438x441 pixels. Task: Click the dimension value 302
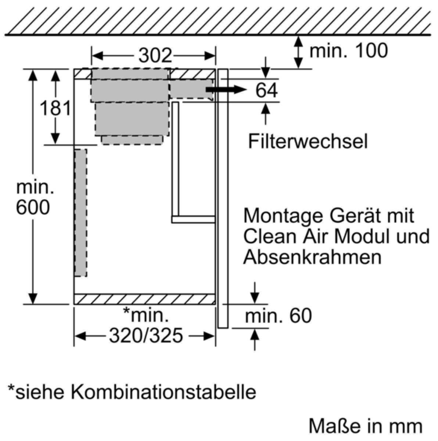[155, 55]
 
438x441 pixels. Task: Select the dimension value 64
[266, 90]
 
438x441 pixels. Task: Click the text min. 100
[348, 50]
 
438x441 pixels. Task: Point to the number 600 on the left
[33, 207]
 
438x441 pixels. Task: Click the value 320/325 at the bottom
[146, 336]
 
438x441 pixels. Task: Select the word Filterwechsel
[308, 141]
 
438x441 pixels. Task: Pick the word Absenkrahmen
[312, 258]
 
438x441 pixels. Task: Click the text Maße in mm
[366, 426]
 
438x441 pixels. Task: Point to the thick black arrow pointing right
[226, 89]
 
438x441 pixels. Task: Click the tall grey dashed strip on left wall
[80, 213]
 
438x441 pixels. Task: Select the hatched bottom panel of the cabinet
[144, 299]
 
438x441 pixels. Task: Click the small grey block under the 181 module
[132, 140]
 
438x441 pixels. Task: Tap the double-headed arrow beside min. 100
[298, 52]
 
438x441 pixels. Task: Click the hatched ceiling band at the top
[218, 21]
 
